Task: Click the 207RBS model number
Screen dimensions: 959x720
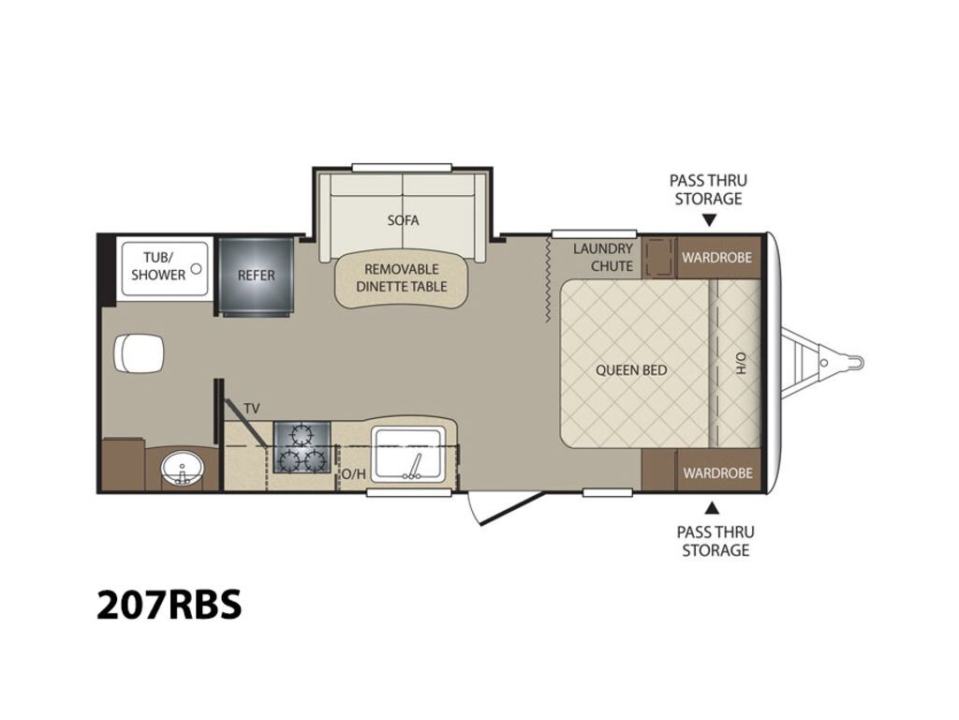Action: coord(170,605)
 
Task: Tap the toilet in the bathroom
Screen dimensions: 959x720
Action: coord(140,353)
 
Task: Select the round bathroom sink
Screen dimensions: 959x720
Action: coord(183,469)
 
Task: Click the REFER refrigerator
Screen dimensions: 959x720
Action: coord(257,277)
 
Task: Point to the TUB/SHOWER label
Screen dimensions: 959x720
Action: coord(157,266)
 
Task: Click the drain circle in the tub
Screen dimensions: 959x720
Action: coord(197,268)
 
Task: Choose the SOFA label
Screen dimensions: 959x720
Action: coord(403,219)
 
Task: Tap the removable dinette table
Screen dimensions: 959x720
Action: coord(403,279)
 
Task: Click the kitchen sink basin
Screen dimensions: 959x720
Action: coord(408,453)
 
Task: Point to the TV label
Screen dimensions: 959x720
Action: coord(252,409)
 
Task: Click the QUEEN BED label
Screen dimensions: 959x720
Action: coord(631,370)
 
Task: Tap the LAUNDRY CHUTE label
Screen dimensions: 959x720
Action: coord(603,258)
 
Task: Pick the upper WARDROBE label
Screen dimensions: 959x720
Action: coord(716,257)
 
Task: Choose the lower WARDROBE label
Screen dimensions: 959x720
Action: coord(718,473)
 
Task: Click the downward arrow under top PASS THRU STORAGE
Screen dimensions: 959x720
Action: coord(709,220)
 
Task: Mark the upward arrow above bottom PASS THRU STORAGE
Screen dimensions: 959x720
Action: coord(712,507)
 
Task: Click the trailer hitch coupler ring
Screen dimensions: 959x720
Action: coord(855,363)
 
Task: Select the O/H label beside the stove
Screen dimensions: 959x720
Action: coord(353,473)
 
